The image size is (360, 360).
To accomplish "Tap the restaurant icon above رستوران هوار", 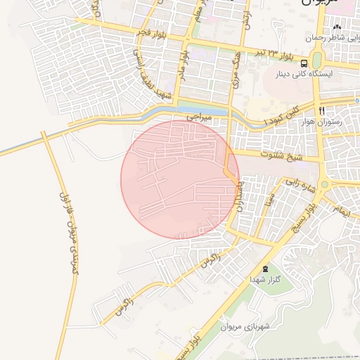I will coord(322,111).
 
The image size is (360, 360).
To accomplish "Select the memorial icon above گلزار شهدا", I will coord(265,269).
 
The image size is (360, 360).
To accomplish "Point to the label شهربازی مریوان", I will coord(245,327).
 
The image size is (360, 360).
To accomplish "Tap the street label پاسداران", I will coord(239,200).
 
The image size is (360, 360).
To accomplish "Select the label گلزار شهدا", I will coord(266,280).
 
